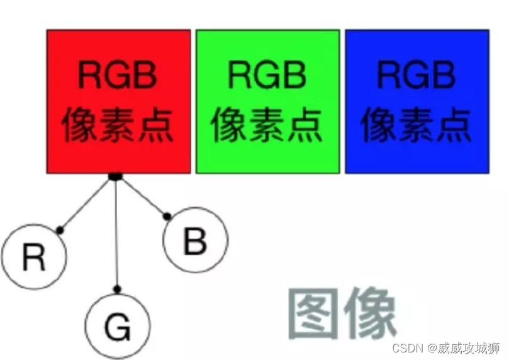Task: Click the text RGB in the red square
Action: coord(118,76)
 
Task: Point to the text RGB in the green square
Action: coord(267,76)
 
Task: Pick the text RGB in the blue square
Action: coord(417,76)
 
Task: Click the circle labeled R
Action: coord(33,257)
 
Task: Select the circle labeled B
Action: coord(195,240)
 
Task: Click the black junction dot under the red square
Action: coord(115,176)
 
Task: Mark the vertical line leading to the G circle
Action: coord(116,233)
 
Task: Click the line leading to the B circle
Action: coord(142,196)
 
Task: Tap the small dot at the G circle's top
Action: coord(117,289)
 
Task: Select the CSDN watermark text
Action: coord(445,348)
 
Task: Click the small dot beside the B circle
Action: coord(167,217)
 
